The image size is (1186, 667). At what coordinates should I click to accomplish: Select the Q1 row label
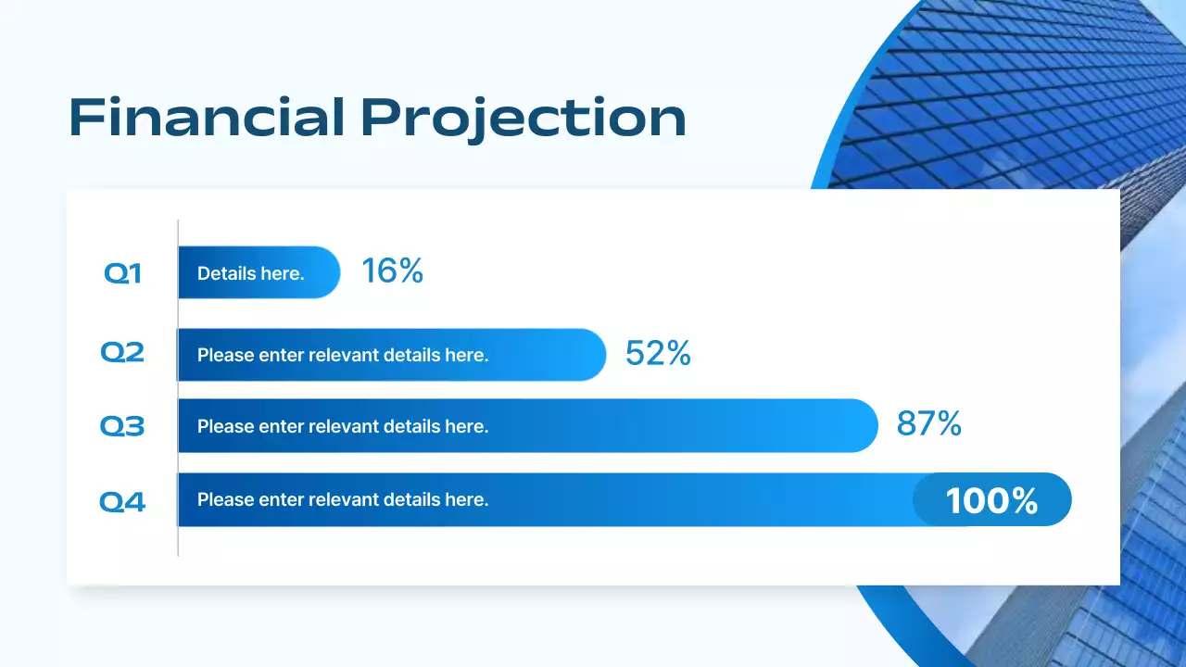(122, 273)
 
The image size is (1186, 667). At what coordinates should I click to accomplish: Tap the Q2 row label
(122, 353)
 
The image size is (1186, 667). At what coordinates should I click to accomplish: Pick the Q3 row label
(122, 427)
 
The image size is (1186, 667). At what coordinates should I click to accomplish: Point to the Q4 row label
(122, 502)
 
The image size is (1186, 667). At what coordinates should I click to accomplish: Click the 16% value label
(392, 271)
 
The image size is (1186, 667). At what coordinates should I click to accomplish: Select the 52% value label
(658, 353)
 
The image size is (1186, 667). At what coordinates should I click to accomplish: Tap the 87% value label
(928, 424)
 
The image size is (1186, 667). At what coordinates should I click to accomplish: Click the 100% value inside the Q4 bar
(991, 501)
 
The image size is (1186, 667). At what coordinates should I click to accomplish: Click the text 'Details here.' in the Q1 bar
(250, 273)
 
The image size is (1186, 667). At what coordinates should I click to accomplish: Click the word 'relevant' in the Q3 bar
(343, 426)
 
